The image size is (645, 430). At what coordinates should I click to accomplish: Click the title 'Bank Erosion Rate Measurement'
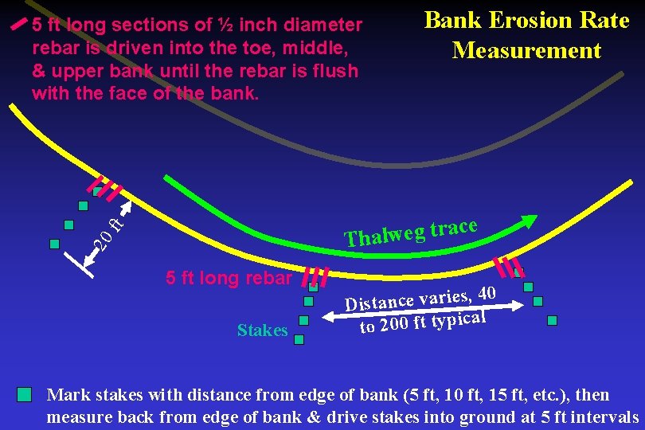pyautogui.click(x=526, y=36)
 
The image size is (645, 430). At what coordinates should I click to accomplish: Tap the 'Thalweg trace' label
pyautogui.click(x=410, y=231)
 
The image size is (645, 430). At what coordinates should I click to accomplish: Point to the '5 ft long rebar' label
pyautogui.click(x=229, y=279)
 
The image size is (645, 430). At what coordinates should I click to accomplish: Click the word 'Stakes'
pyautogui.click(x=262, y=330)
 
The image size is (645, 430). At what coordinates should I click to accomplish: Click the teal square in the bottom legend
pyautogui.click(x=25, y=395)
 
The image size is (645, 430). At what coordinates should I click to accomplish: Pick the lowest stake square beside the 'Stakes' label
pyautogui.click(x=299, y=340)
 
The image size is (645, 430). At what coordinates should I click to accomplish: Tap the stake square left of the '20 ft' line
pyautogui.click(x=54, y=244)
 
